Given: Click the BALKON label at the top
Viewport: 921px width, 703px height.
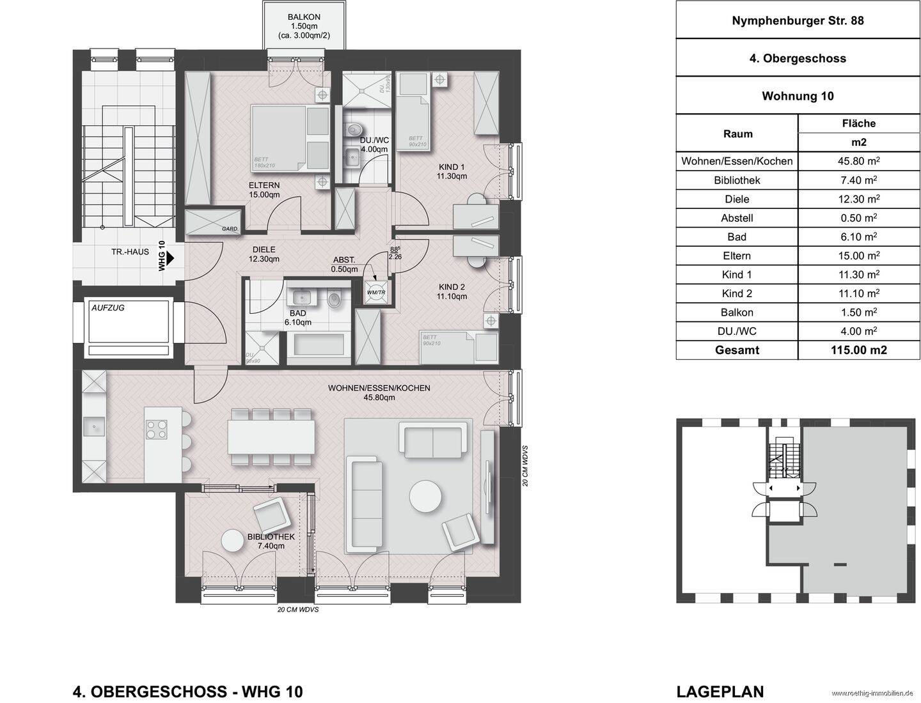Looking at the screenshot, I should [304, 17].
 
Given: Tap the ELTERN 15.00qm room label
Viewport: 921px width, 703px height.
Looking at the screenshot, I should [264, 190].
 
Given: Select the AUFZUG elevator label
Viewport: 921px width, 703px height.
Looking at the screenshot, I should [108, 307].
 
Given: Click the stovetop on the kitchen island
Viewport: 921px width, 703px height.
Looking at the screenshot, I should [157, 429].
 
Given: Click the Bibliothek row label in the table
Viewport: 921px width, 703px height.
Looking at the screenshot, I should [737, 180].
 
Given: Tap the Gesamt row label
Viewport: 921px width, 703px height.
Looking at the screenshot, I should [737, 350].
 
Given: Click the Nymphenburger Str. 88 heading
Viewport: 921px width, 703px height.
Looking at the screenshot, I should [798, 20].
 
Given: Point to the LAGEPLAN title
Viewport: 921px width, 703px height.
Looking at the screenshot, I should [720, 691].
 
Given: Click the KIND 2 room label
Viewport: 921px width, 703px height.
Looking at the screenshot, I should [452, 291].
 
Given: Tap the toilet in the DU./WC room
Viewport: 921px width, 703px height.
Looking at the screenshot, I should [351, 131].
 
